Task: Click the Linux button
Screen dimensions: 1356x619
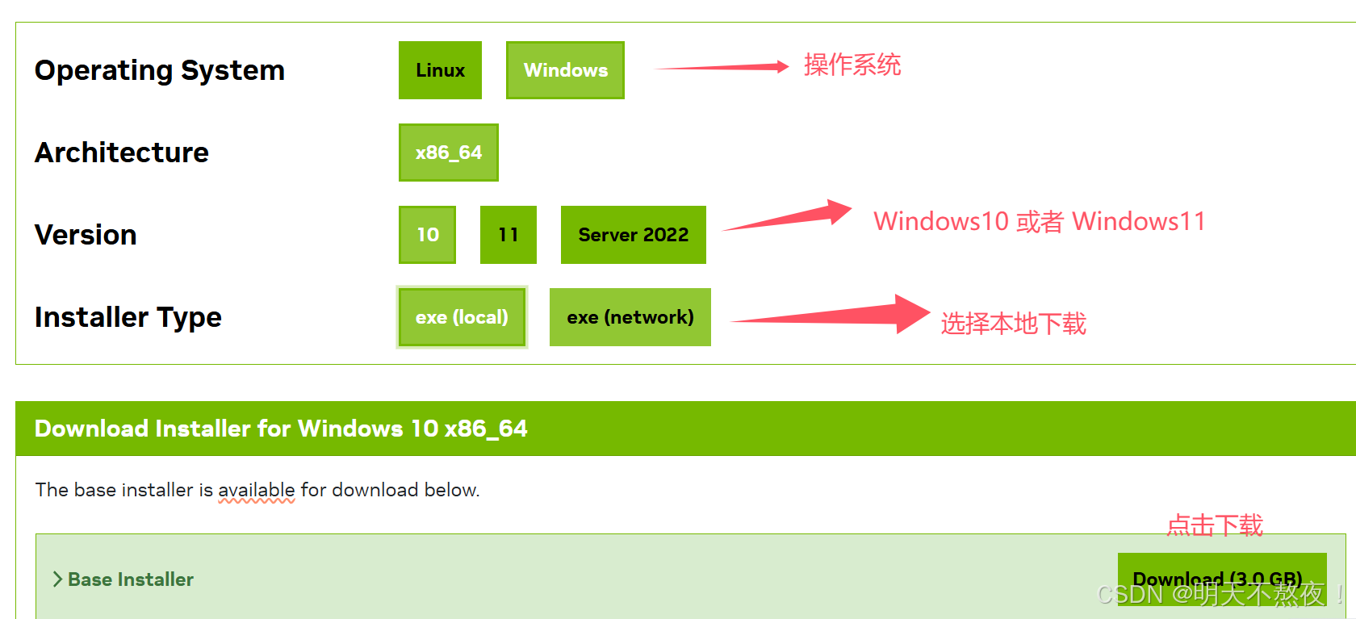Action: pos(440,70)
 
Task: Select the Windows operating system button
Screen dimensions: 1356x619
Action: pos(565,70)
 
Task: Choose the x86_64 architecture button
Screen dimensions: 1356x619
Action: pos(448,153)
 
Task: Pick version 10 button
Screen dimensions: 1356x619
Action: pos(427,235)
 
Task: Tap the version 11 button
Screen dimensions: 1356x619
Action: pos(508,235)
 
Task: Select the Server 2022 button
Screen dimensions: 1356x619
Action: pos(633,235)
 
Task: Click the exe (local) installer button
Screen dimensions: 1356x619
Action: pos(462,317)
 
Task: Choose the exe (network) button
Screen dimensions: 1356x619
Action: pos(630,317)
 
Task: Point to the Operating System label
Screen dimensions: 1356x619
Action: pos(160,70)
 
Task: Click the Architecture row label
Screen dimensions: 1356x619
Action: pos(122,153)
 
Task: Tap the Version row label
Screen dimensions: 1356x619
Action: pos(86,235)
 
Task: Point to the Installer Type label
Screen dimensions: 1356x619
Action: pos(128,317)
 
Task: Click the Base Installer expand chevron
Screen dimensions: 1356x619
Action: pos(57,579)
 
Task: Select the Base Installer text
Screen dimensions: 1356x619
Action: pos(131,579)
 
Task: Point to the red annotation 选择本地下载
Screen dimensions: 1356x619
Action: pos(1013,324)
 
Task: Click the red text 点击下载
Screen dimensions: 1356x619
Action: pos(1215,525)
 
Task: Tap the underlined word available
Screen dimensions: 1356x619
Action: pos(257,490)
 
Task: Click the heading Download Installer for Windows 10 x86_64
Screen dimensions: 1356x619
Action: pos(281,429)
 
